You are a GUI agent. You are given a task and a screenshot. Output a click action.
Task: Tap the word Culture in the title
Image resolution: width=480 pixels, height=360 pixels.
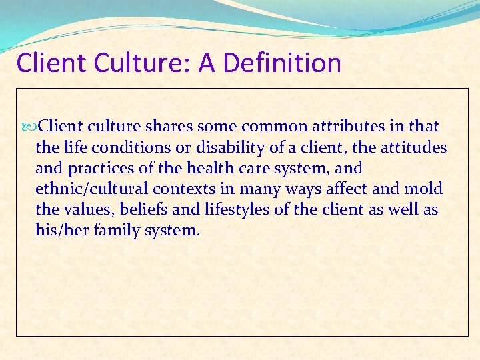pyautogui.click(x=148, y=63)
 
